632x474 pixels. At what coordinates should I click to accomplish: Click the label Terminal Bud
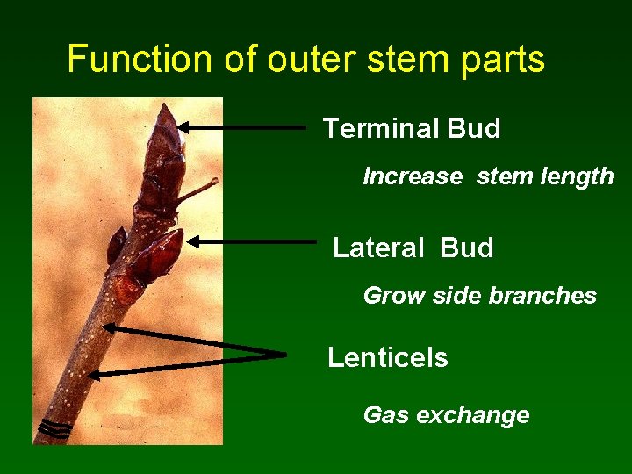tap(412, 129)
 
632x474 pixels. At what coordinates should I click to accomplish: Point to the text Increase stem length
tap(488, 176)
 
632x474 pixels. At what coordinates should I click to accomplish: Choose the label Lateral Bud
tap(413, 248)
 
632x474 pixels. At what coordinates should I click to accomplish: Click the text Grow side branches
tap(479, 296)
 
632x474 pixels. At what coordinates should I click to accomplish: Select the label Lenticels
tap(387, 358)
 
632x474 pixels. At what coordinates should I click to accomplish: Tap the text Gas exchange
tap(446, 415)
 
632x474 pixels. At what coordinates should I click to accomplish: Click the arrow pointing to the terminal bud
tap(246, 128)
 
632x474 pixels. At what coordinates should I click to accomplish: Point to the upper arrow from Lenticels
tap(193, 341)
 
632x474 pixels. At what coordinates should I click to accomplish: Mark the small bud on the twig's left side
tap(116, 245)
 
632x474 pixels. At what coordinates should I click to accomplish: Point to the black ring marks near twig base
tap(54, 429)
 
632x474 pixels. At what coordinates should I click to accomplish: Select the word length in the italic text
tap(578, 176)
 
